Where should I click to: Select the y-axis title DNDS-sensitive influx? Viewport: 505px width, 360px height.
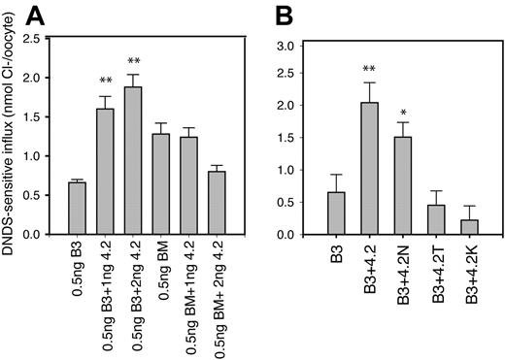pyautogui.click(x=15, y=136)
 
